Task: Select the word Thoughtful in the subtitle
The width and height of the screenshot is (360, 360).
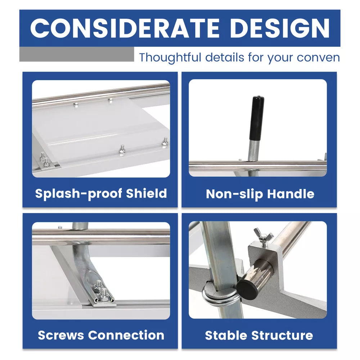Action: coord(170,57)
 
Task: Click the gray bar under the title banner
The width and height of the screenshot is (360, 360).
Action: coord(77,54)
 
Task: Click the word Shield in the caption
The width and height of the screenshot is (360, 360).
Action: coord(146,193)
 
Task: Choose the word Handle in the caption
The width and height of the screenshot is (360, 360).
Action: coord(291,194)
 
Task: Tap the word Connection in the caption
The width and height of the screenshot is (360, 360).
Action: coord(126,335)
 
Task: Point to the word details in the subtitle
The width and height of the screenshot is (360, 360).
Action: coord(224,57)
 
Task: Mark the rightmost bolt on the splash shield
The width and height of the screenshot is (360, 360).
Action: coord(165,142)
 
